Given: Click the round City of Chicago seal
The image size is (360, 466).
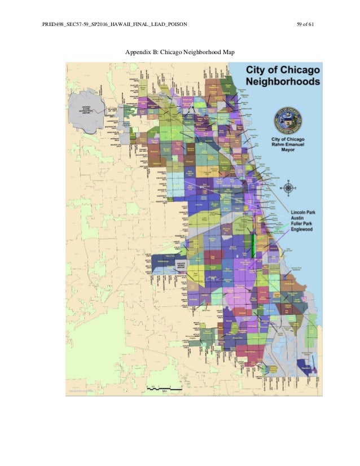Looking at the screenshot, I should [287, 119].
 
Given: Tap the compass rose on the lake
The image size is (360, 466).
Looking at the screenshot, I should [288, 188].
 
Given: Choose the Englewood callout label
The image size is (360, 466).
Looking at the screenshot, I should [298, 231].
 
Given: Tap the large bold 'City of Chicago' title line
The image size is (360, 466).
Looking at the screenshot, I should [282, 70].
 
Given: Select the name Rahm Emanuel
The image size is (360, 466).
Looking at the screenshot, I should [287, 145].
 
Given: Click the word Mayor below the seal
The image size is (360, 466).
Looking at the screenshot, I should [287, 151].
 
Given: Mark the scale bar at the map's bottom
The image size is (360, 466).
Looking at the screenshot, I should [165, 389].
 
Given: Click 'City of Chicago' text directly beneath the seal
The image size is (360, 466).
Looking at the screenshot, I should [287, 139].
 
